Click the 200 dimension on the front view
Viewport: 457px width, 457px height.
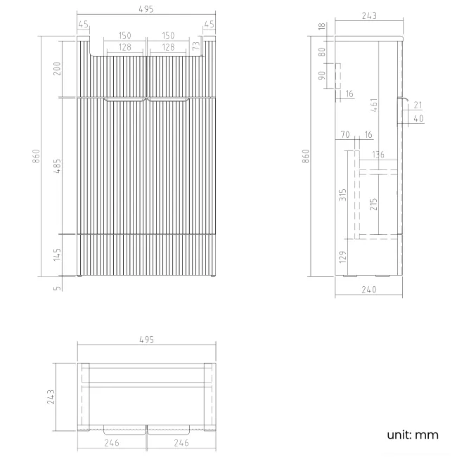tap(57, 68)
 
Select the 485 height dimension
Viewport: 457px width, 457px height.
tap(57, 165)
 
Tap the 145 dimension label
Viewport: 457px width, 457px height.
tap(57, 254)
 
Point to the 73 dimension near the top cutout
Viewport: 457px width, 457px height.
tap(195, 46)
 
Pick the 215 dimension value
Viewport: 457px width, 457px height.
tap(373, 204)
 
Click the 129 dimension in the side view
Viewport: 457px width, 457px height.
tap(343, 257)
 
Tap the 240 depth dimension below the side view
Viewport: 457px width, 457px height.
tap(369, 289)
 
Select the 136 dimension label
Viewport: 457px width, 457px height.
tap(378, 155)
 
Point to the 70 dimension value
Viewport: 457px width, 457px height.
tap(345, 134)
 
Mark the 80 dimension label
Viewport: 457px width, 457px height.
tap(322, 51)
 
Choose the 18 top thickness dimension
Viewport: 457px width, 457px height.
tap(322, 27)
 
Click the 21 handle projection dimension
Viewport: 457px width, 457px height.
tap(419, 105)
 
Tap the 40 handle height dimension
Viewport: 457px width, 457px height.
tap(419, 118)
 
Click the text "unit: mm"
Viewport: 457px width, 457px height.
tap(412, 435)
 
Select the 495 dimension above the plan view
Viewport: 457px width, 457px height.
tap(146, 340)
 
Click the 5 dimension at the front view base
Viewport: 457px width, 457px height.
tap(57, 285)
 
